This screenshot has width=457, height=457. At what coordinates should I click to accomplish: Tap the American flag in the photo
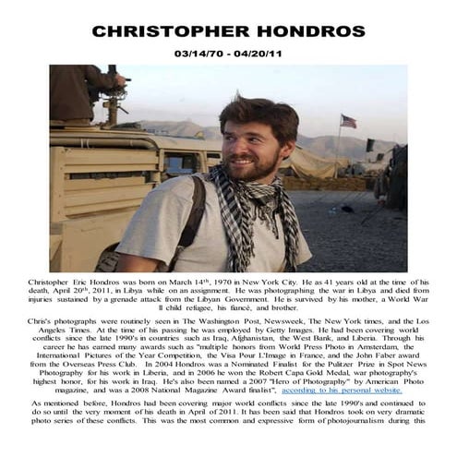coord(347,121)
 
